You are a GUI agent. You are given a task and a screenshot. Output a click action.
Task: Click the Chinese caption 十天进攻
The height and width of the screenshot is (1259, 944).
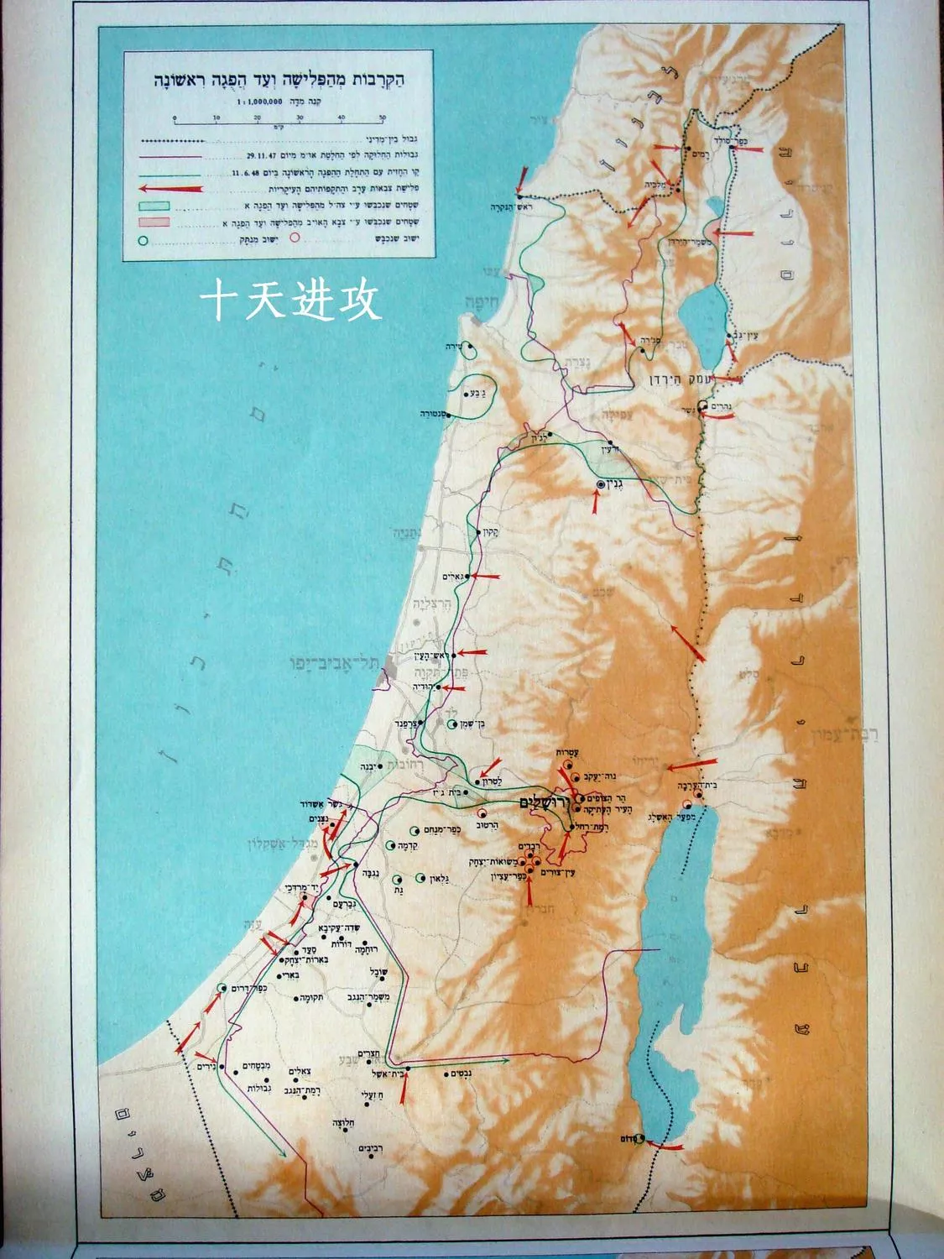click(291, 300)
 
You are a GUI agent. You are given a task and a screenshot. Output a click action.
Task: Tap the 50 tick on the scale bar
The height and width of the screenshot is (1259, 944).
click(383, 118)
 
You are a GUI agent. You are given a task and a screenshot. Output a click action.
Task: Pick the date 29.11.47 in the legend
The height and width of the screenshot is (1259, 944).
click(264, 154)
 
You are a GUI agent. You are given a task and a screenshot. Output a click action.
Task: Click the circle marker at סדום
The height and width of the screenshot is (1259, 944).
click(639, 1138)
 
